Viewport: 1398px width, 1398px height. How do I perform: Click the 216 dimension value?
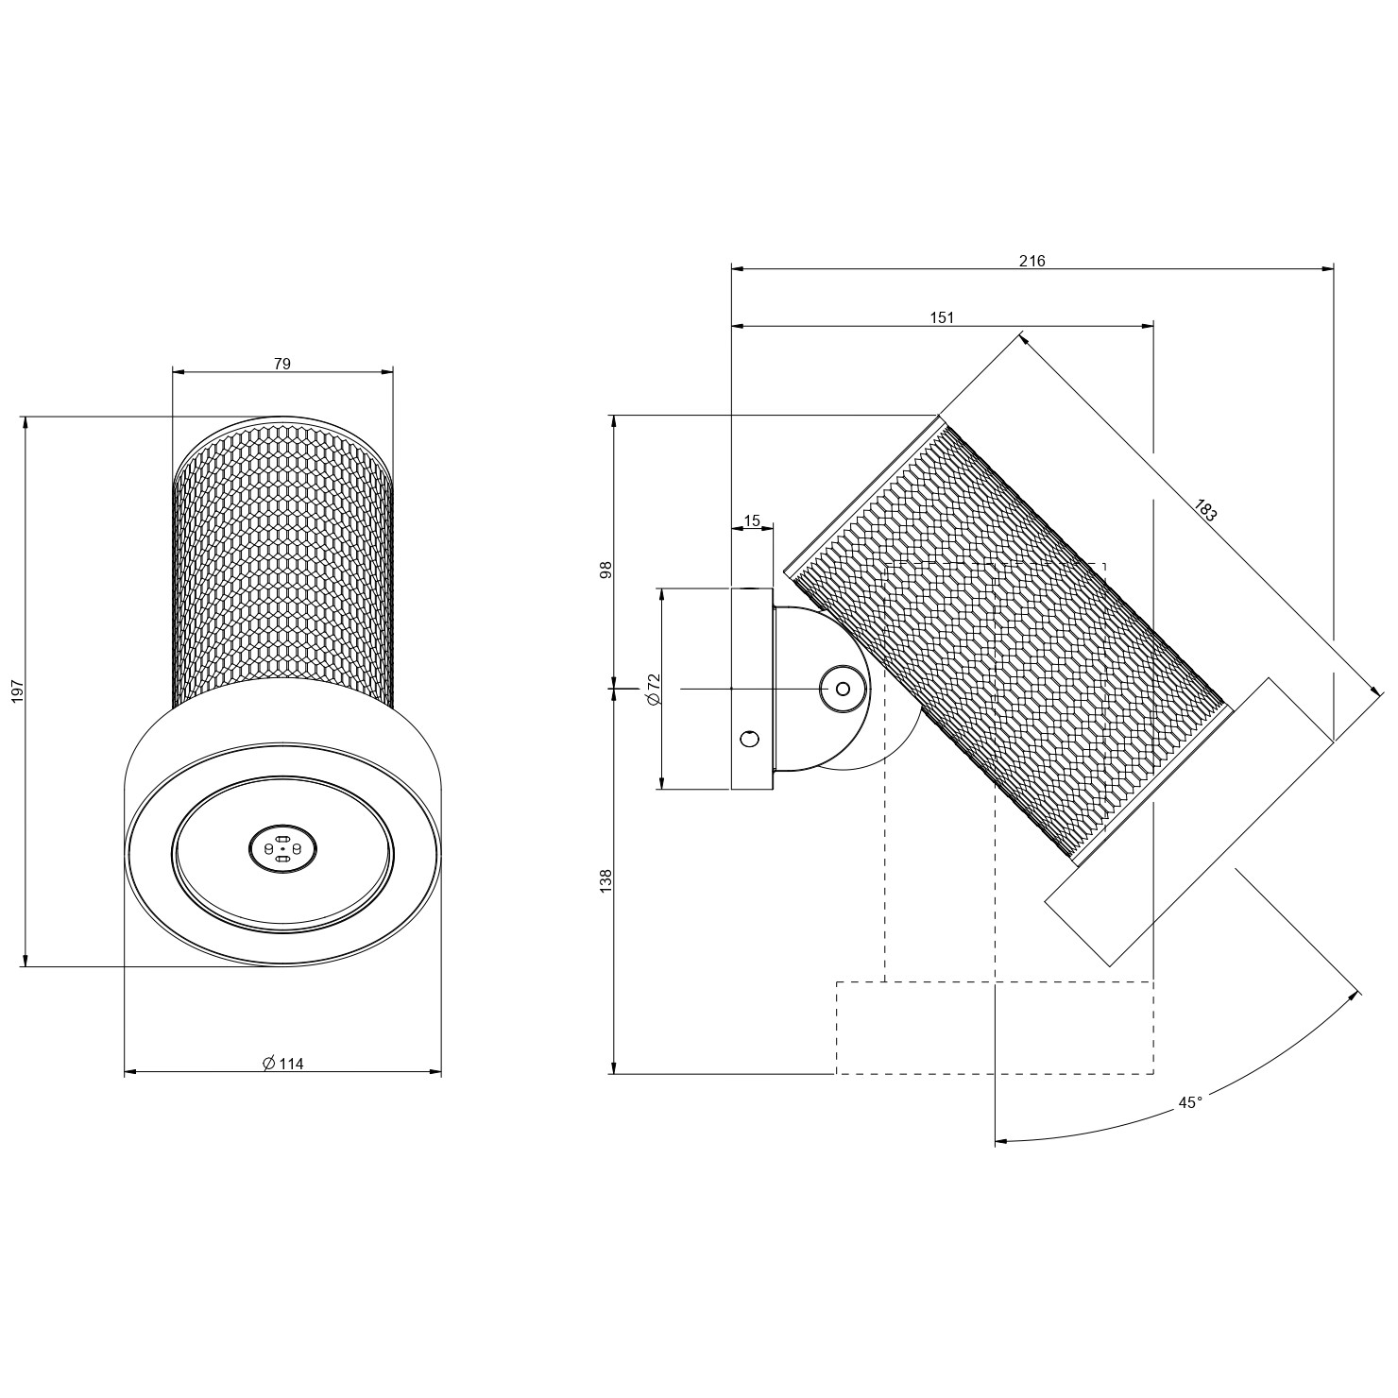[x=1032, y=261]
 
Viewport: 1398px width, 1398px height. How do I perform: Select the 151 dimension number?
[x=942, y=317]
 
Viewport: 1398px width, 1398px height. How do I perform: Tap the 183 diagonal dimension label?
[x=1204, y=511]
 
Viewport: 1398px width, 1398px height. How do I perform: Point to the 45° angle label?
[x=1190, y=1102]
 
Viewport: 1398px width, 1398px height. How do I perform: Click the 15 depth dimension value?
[x=752, y=520]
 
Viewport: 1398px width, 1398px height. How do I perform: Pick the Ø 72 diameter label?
[x=652, y=690]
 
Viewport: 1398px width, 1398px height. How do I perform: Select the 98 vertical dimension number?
[x=606, y=570]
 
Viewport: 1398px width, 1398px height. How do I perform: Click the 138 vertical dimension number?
[x=606, y=881]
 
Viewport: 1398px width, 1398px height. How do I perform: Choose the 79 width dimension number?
[x=281, y=363]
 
